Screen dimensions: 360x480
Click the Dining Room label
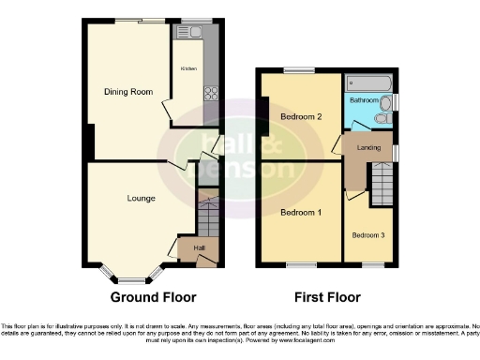coord(127,91)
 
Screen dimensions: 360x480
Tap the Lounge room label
coord(142,198)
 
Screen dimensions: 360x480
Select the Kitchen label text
coord(188,68)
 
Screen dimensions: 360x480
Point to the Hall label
coord(199,247)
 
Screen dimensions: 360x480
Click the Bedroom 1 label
coord(301,213)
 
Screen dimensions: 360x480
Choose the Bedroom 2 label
coord(301,117)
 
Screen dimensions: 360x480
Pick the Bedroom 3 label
coord(368,234)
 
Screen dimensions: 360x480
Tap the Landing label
coord(368,147)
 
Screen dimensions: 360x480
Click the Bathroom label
coord(364,99)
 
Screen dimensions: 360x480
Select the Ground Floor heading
coord(154,297)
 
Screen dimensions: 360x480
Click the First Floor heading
coord(327,297)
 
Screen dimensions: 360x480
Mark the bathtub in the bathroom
coord(369,82)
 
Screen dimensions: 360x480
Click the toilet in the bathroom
coord(382,119)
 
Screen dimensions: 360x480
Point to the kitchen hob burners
coord(211,94)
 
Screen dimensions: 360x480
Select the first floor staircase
coord(382,184)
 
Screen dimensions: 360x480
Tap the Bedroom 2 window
coord(300,71)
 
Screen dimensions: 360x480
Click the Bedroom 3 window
coord(372,266)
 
